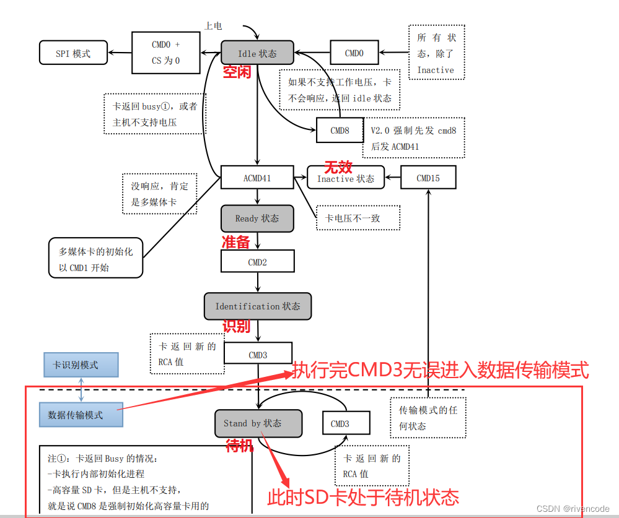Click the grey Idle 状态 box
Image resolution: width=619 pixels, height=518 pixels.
coord(257,53)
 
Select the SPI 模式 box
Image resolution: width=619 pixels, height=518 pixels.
coord(72,53)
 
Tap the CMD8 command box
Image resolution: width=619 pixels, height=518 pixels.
coord(340,130)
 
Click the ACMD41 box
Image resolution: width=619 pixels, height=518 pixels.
coord(257,178)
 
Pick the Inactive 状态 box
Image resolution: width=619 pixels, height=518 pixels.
coord(346,178)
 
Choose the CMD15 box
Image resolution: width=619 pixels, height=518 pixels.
coord(428,178)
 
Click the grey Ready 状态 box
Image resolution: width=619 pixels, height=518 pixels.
coord(257,218)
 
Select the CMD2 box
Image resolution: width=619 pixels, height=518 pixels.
coord(257,262)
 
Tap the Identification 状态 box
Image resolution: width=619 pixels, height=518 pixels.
coord(257,306)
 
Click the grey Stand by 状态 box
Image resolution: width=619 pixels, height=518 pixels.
coord(258,423)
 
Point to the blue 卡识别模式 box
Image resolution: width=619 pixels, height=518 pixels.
coord(81,365)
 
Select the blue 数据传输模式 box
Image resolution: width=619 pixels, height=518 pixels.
coord(81,415)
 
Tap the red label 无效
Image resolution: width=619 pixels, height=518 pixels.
coord(338,166)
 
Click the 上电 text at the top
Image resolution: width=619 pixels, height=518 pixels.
coord(213,26)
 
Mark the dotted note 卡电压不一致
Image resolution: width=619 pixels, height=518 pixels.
coord(358,218)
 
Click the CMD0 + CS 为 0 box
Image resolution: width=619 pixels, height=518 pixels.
coord(166,53)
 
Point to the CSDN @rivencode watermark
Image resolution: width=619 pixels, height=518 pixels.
coord(573,508)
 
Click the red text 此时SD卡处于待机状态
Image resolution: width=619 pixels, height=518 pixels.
coord(363,497)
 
